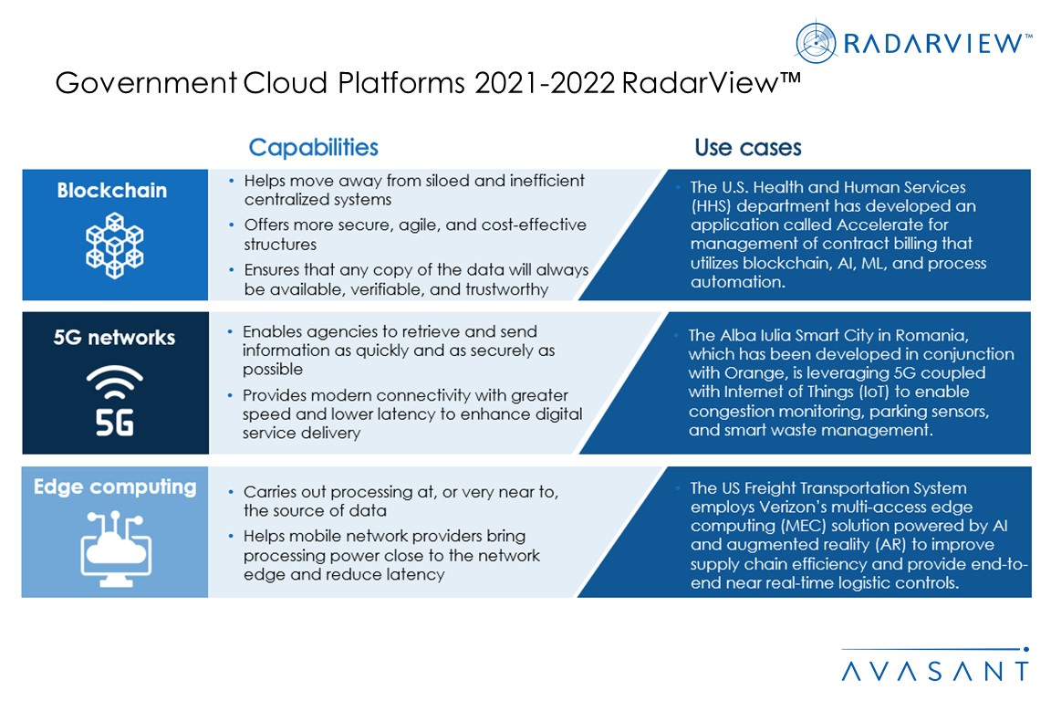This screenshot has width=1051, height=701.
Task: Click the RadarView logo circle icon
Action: click(815, 42)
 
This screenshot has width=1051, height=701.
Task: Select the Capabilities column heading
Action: click(313, 148)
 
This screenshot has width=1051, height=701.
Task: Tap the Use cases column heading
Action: click(747, 148)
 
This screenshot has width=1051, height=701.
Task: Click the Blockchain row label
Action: click(112, 191)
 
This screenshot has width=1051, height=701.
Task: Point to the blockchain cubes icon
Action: click(115, 246)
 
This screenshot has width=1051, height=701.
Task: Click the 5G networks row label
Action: click(114, 337)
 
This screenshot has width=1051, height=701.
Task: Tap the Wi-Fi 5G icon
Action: click(115, 401)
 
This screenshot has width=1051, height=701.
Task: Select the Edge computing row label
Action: click(115, 487)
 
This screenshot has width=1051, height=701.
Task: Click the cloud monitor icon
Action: click(116, 549)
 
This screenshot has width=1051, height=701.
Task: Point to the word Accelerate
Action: click(873, 225)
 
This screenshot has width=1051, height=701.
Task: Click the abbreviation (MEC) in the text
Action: click(806, 526)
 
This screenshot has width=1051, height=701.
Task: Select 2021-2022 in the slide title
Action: click(545, 83)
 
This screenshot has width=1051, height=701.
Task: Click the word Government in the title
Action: click(145, 83)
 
